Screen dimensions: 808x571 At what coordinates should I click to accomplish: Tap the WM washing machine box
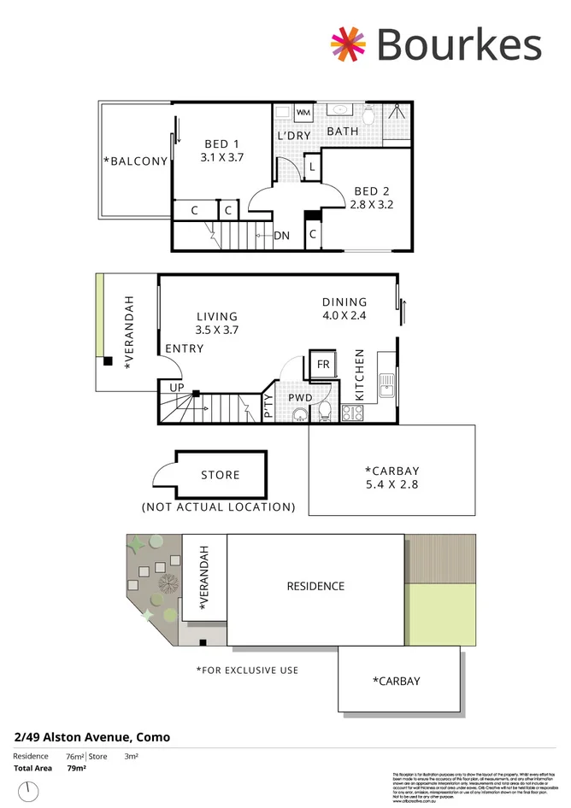click(303, 113)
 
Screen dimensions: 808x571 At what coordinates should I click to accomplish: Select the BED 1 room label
click(221, 143)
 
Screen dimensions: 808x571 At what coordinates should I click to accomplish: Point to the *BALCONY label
click(135, 161)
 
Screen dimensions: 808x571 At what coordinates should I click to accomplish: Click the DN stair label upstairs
click(281, 236)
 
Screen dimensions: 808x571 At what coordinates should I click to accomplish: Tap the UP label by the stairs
click(177, 387)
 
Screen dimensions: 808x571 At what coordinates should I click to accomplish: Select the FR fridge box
click(323, 364)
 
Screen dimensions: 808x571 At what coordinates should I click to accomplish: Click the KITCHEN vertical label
click(360, 375)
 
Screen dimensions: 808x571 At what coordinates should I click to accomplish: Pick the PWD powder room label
click(299, 397)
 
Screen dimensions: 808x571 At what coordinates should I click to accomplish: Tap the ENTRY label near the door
click(184, 348)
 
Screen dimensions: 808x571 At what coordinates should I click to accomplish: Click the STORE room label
click(220, 475)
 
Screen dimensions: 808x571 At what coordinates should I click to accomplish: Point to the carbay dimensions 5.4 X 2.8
click(392, 484)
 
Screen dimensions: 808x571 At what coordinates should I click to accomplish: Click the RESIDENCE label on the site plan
click(315, 586)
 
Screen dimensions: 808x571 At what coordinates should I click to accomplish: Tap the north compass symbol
click(29, 791)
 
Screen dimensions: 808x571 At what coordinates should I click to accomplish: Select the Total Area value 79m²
click(76, 768)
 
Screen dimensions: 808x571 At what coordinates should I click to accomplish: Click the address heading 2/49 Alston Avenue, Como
click(92, 737)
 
